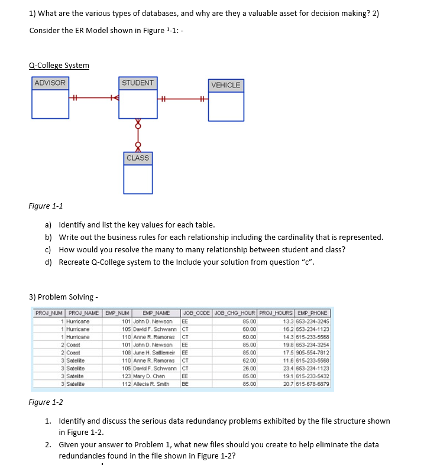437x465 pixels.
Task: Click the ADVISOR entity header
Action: [x=50, y=83]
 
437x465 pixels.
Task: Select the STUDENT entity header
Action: [x=138, y=83]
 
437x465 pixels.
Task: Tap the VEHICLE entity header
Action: [x=225, y=85]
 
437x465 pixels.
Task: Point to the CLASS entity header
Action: [x=138, y=158]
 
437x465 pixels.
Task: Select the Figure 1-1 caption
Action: [x=46, y=206]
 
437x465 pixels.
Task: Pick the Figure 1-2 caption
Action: [x=46, y=402]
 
